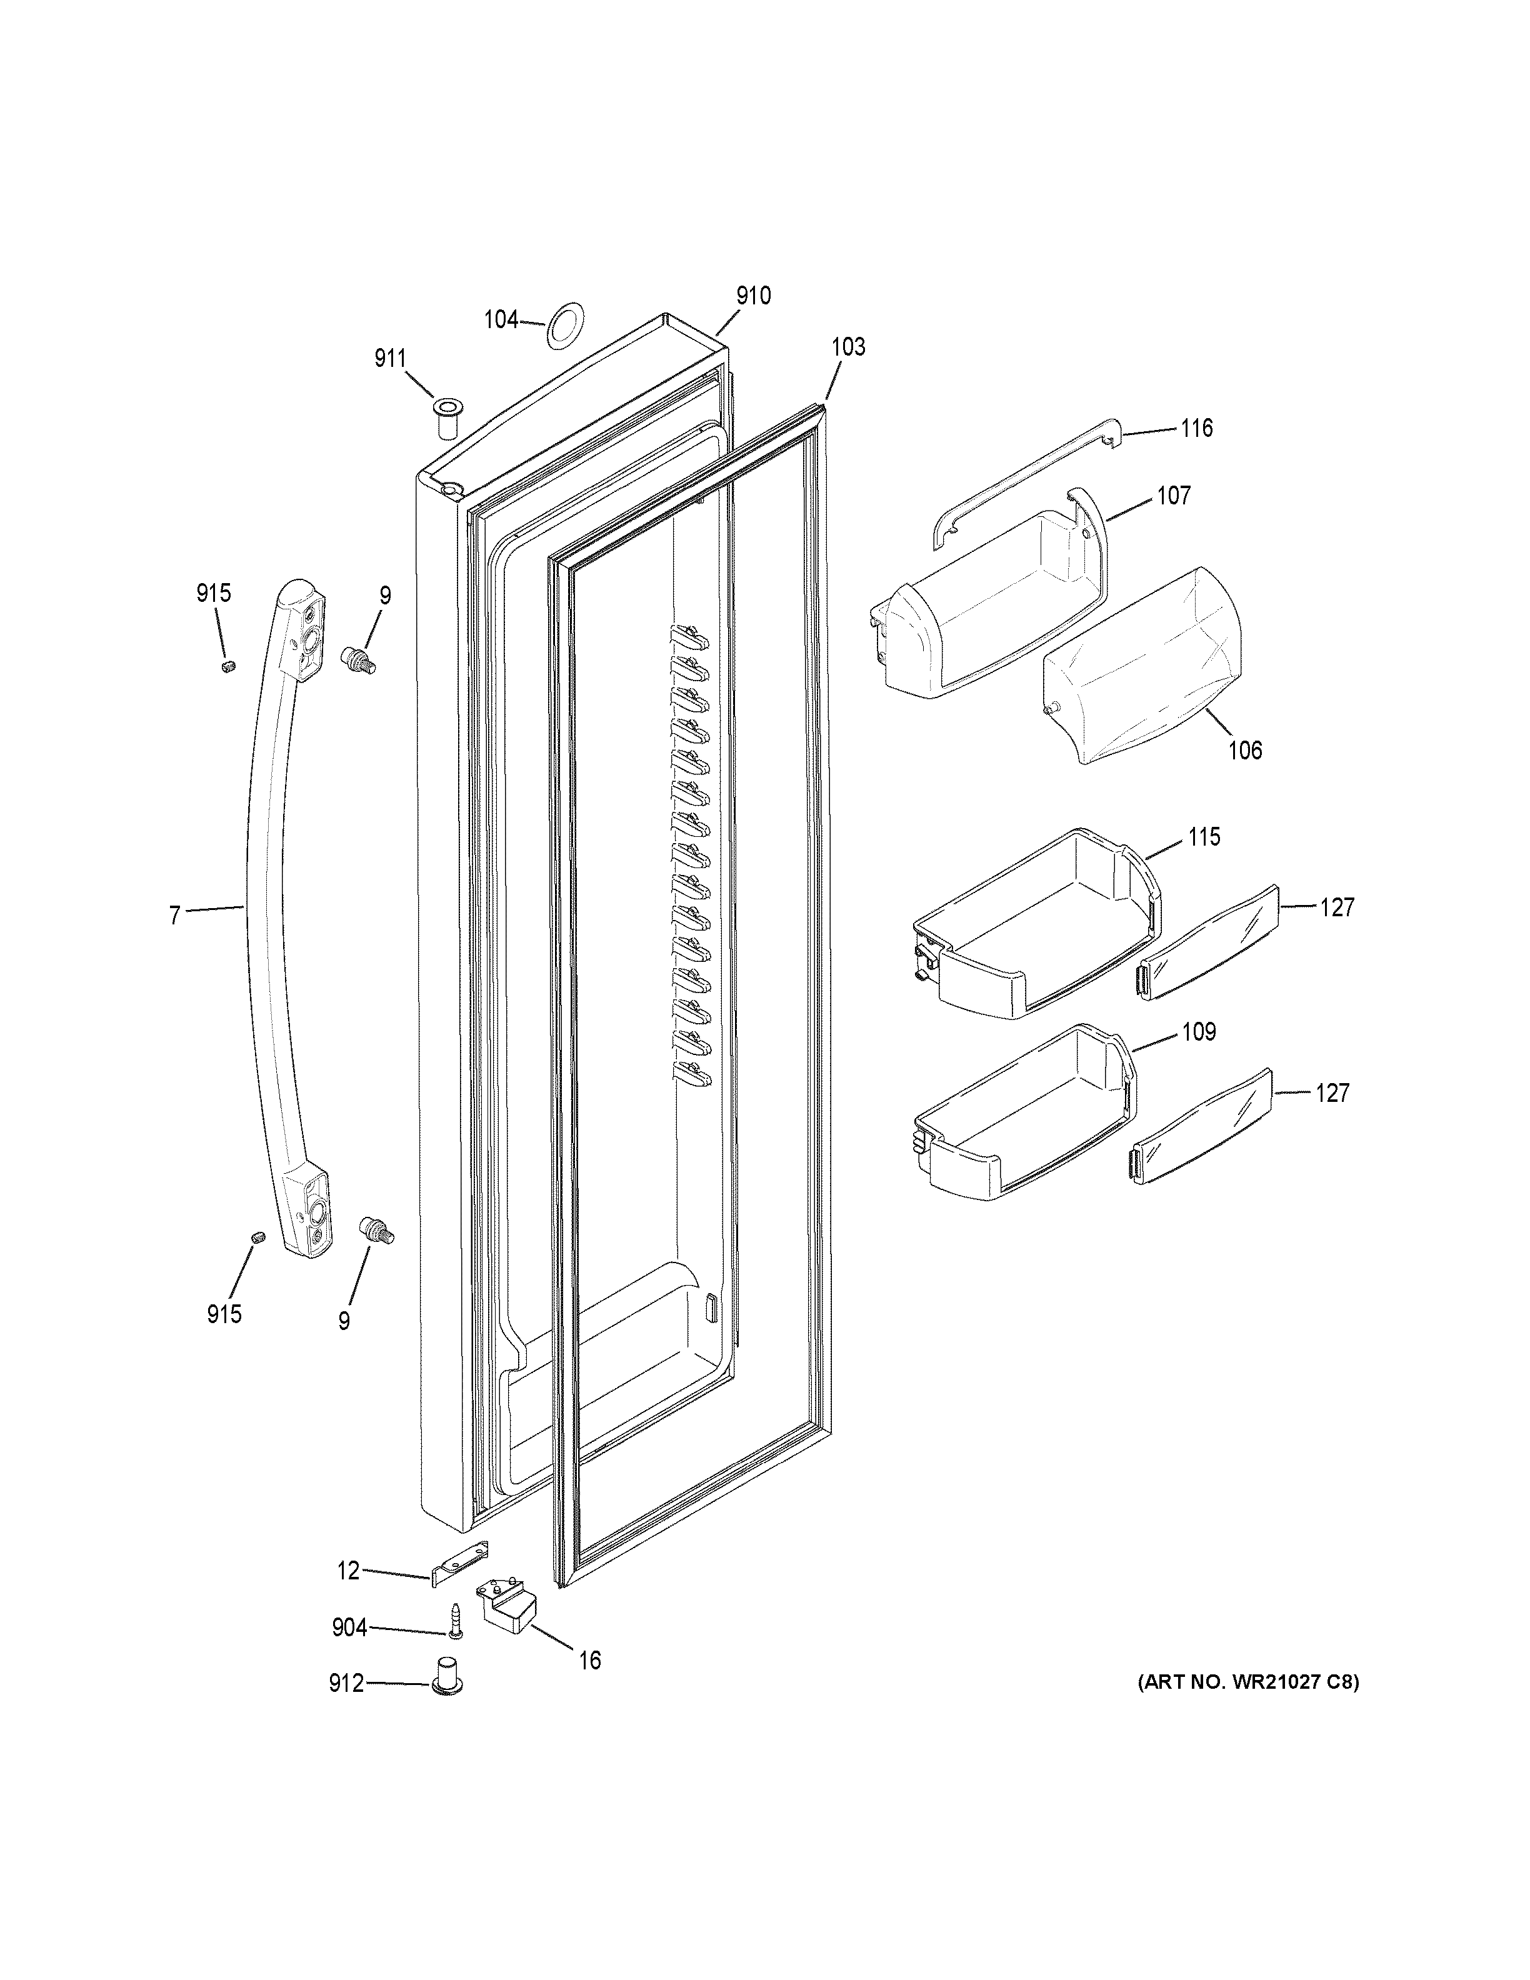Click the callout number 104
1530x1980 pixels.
click(x=501, y=319)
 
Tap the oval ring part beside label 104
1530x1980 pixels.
click(x=566, y=324)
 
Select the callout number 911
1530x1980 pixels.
click(x=391, y=359)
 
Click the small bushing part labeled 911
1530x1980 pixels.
click(x=447, y=416)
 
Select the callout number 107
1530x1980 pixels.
click(x=1173, y=495)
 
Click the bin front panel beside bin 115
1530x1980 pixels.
click(x=1207, y=943)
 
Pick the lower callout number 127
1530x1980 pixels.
click(x=1332, y=1092)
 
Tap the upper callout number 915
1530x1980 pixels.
click(x=214, y=593)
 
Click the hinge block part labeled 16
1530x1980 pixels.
click(x=507, y=1606)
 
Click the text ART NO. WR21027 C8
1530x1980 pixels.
click(x=1248, y=1682)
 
